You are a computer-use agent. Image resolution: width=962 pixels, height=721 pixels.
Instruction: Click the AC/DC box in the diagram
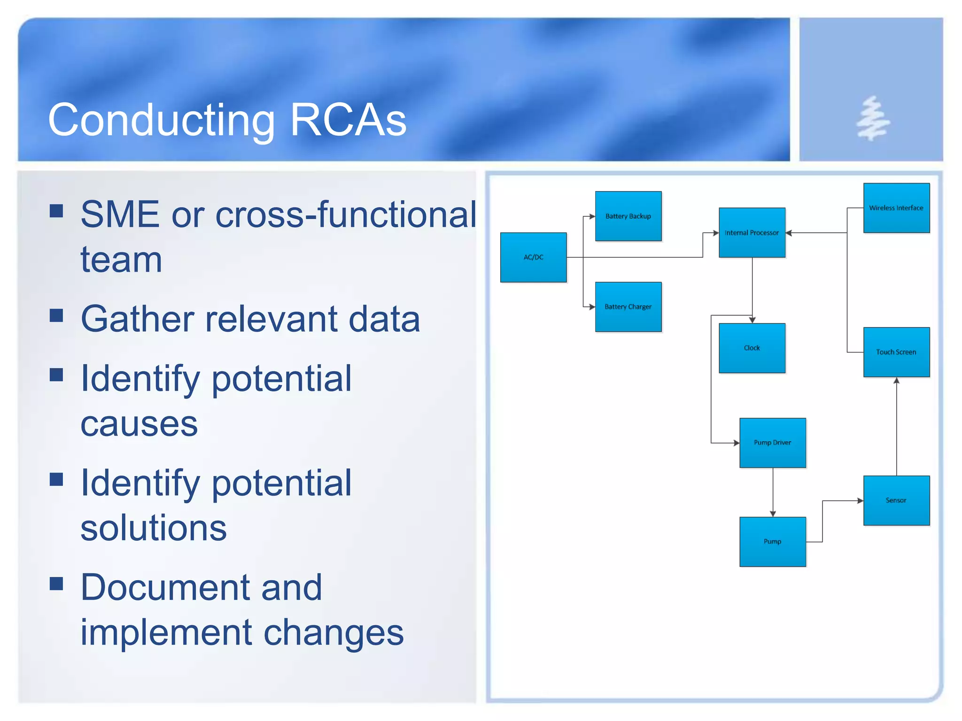[533, 257]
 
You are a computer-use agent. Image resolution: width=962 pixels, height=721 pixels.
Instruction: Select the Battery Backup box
[628, 216]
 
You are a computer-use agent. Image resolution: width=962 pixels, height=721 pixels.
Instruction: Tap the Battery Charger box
[628, 307]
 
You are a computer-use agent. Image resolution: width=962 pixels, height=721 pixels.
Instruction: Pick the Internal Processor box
[752, 232]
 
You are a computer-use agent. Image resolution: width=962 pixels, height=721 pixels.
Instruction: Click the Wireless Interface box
[896, 207]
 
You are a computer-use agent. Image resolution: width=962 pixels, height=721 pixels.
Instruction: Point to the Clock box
[752, 348]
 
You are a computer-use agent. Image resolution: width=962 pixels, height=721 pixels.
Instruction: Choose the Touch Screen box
[896, 352]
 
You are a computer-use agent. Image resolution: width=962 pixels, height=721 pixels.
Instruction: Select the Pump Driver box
[772, 443]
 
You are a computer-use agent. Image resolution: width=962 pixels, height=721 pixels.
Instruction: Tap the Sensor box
[896, 500]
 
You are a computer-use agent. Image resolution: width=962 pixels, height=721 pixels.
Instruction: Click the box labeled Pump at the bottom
[772, 542]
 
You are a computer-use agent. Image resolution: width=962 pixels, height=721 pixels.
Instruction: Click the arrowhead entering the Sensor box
[860, 501]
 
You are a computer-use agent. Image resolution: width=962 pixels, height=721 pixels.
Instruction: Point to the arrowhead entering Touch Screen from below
[896, 381]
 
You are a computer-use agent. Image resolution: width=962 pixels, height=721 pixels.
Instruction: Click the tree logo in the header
[872, 118]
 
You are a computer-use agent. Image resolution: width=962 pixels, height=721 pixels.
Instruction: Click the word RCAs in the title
[348, 120]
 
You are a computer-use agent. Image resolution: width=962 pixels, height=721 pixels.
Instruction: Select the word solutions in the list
[154, 528]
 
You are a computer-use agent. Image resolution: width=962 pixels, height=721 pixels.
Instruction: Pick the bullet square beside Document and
[56, 583]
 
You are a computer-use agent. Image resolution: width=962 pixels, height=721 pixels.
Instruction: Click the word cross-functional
[346, 215]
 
